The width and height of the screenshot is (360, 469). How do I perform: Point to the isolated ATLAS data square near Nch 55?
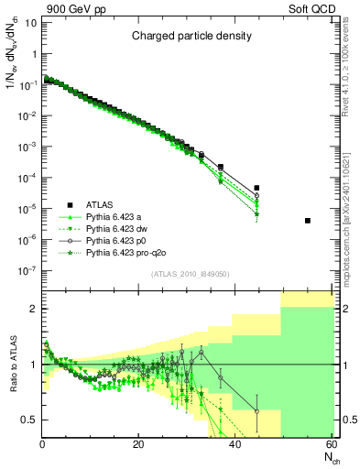[308, 221]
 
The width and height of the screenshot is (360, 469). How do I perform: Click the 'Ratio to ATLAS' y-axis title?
[14, 365]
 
